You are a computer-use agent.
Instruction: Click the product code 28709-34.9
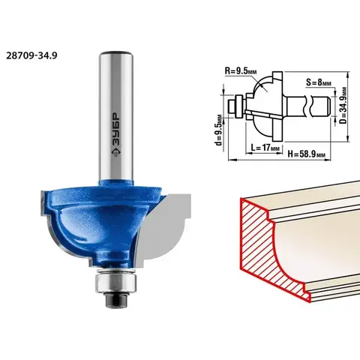pos(31,55)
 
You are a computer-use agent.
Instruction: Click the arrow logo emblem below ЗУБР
pos(115,153)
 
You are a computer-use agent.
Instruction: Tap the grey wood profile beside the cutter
pos(163,227)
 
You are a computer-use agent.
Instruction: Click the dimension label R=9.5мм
pos(241,70)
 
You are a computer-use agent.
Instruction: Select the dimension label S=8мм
pos(318,82)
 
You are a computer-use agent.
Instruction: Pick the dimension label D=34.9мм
pos(343,105)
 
